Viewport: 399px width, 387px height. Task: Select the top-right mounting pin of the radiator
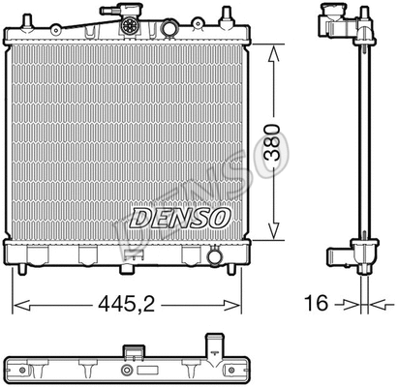click(x=228, y=17)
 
